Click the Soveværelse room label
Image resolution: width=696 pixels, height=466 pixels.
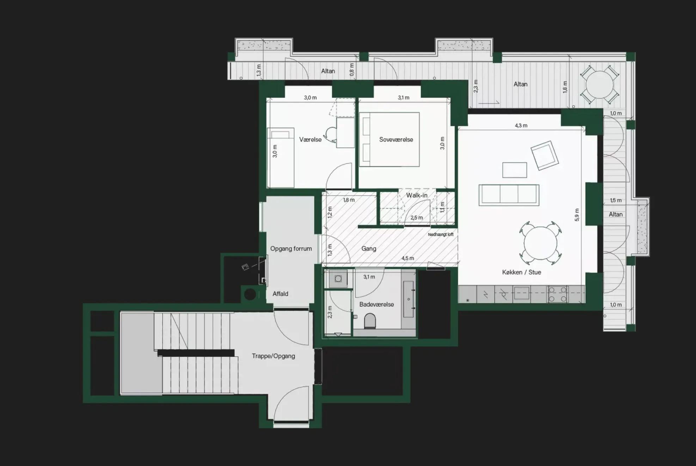pos(396,140)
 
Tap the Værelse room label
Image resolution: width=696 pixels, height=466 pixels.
pos(310,140)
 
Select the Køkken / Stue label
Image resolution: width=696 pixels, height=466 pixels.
pos(521,272)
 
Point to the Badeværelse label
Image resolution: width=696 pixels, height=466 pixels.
pos(377,304)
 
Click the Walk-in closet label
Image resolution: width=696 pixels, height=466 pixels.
pos(417,195)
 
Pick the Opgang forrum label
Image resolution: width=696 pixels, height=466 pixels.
pos(291,249)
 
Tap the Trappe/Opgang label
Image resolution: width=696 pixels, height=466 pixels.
pos(273,356)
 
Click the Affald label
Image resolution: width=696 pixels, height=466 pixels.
pos(280,294)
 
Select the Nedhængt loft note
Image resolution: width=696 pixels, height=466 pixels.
pos(441,234)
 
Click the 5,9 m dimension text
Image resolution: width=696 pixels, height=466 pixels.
pos(577,215)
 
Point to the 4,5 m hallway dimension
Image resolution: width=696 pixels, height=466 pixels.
pos(408,258)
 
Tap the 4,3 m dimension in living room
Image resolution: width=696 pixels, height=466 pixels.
pos(521,125)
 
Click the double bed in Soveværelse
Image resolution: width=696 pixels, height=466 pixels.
pos(389,140)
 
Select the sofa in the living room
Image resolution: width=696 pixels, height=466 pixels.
pos(509,195)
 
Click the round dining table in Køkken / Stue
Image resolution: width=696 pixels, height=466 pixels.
pos(540,243)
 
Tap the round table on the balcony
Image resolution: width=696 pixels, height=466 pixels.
pos(599,85)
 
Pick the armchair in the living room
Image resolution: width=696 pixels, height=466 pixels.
pos(545,155)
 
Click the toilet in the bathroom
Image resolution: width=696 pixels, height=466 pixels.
pos(370,321)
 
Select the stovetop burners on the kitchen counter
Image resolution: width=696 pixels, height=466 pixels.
pos(557,294)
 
